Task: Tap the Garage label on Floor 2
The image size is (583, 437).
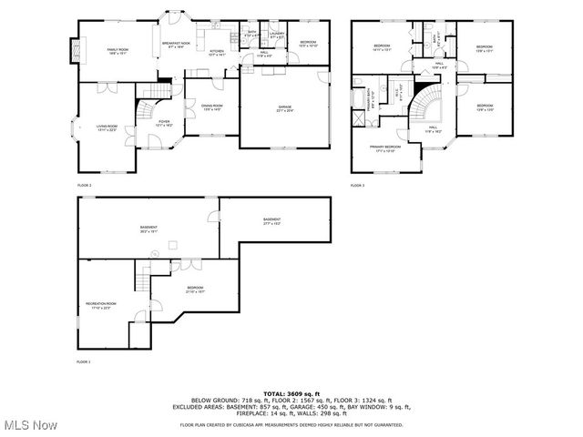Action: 285,108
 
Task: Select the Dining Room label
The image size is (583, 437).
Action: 212,107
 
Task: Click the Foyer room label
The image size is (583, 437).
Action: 164,123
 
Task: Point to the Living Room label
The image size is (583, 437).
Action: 107,128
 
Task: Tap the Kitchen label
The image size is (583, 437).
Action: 217,53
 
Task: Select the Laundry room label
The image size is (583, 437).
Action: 277,35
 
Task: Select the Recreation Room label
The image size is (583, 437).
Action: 100,305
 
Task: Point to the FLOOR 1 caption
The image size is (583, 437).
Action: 84,361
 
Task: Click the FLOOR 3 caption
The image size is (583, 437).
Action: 357,186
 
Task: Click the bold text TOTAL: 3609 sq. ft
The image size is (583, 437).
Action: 291,391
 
